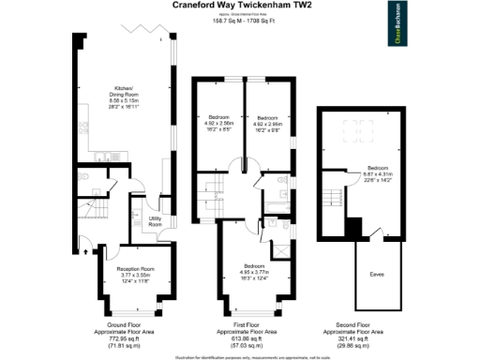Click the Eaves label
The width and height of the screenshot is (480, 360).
click(376, 274)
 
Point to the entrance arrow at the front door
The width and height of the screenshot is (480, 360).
click(86, 249)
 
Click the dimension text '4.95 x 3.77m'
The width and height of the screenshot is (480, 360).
click(246, 272)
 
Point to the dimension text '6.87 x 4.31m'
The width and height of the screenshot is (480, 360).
click(379, 174)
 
